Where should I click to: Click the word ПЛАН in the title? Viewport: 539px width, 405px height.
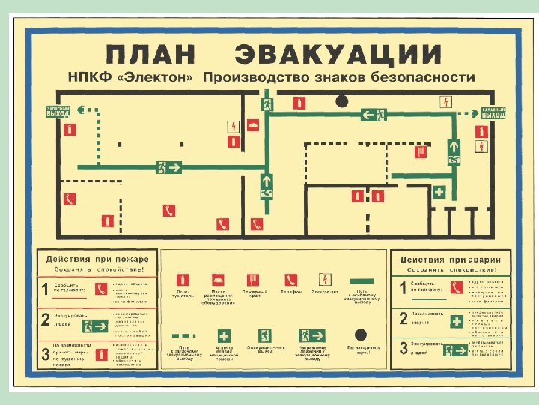click(150, 54)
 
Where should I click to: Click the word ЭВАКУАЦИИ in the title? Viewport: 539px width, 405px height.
click(338, 54)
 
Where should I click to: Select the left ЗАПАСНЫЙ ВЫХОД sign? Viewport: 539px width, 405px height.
click(58, 112)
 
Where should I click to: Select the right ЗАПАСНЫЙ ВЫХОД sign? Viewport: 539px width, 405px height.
click(493, 113)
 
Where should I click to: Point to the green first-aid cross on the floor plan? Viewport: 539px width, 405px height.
click(439, 192)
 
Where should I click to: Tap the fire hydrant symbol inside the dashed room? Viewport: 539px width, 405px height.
click(421, 151)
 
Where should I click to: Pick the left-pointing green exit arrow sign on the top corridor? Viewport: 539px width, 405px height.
click(374, 115)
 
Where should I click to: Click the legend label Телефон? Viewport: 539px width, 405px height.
click(291, 291)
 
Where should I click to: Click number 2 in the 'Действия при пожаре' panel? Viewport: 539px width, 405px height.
click(46, 320)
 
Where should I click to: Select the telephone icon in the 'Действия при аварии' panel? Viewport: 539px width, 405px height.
click(456, 287)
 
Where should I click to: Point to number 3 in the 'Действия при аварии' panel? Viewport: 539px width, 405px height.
click(404, 348)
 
